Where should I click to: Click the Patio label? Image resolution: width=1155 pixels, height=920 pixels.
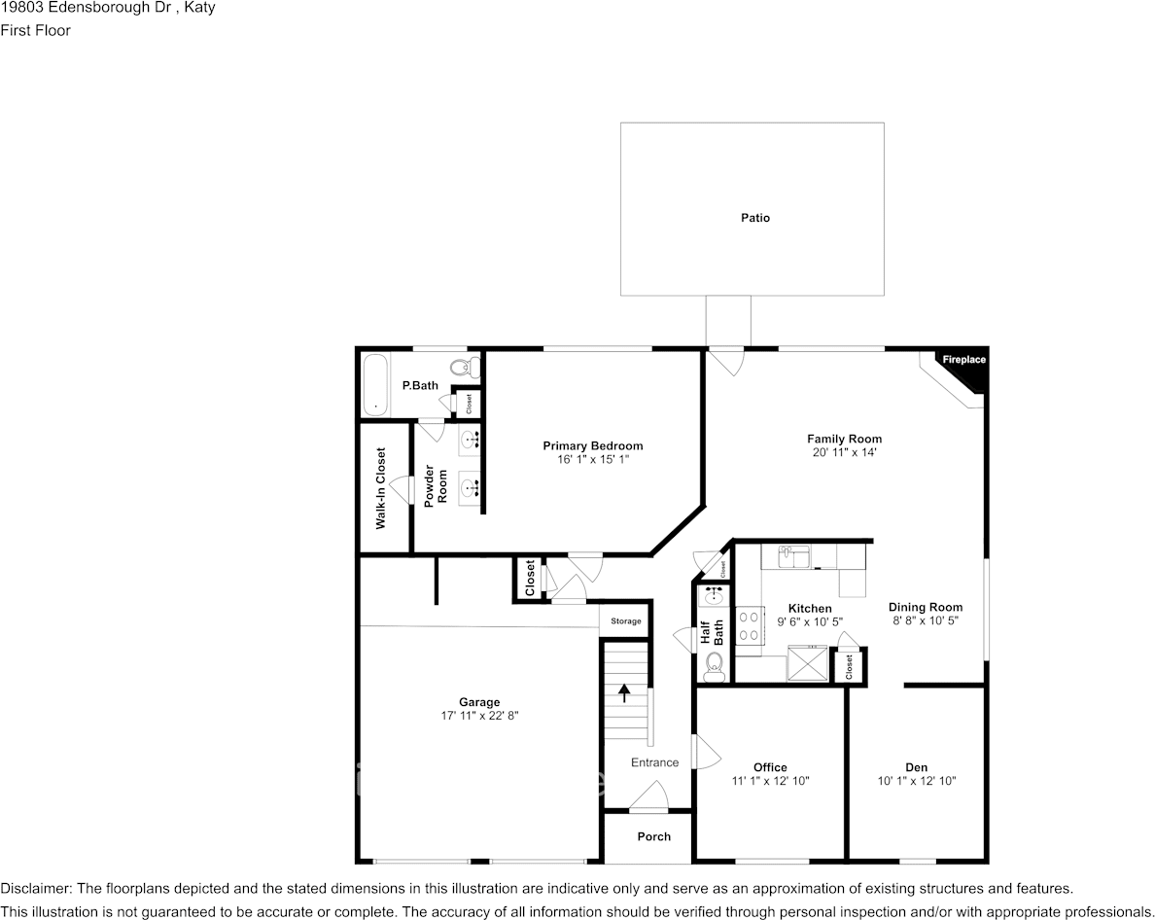tap(754, 218)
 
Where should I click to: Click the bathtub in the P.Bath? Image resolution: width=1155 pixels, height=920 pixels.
tap(374, 384)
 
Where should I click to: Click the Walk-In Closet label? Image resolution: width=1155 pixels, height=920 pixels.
tap(381, 488)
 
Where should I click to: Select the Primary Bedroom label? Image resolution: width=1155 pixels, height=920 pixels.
tap(592, 446)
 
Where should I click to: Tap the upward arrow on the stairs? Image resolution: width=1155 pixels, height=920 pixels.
tap(624, 693)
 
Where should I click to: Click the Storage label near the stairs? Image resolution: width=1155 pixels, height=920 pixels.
tap(625, 621)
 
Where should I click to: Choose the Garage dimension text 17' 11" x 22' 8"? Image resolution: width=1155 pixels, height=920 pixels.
tap(479, 716)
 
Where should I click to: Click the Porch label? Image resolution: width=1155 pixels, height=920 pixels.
tap(653, 836)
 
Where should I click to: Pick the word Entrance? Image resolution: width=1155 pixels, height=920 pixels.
tap(654, 762)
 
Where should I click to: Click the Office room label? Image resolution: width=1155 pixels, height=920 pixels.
tap(770, 767)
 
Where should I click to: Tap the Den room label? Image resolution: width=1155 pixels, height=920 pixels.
tap(916, 767)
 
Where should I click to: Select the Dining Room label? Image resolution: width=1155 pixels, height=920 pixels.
tap(925, 607)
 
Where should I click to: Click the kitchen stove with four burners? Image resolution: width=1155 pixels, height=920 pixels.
tap(750, 625)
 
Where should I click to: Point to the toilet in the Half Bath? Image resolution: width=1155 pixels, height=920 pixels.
tap(714, 664)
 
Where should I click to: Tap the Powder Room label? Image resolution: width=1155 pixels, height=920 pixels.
tap(436, 485)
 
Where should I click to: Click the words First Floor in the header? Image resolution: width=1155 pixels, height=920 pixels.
tap(35, 30)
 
